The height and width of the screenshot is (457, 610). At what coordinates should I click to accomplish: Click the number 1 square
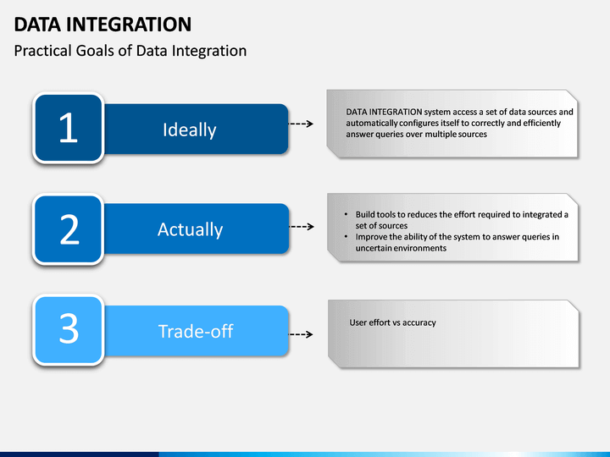pyautogui.click(x=69, y=128)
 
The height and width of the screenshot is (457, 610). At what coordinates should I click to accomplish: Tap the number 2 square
pyautogui.click(x=69, y=229)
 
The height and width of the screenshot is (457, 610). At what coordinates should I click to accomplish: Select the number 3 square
pyautogui.click(x=69, y=329)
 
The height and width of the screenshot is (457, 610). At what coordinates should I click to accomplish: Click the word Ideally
pyautogui.click(x=190, y=129)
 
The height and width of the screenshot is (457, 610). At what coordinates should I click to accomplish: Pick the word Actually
pyautogui.click(x=191, y=229)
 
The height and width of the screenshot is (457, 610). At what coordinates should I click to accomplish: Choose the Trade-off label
pyautogui.click(x=196, y=332)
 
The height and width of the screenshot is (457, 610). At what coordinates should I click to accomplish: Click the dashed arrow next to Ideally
pyautogui.click(x=301, y=124)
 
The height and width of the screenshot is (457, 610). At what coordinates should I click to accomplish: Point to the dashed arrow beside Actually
pyautogui.click(x=302, y=227)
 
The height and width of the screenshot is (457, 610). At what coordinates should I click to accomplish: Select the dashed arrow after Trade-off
pyautogui.click(x=301, y=334)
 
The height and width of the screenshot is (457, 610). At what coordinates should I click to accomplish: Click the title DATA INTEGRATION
pyautogui.click(x=103, y=25)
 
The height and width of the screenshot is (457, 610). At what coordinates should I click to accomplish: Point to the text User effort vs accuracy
pyautogui.click(x=392, y=322)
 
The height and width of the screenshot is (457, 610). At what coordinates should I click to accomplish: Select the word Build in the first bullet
pyautogui.click(x=364, y=214)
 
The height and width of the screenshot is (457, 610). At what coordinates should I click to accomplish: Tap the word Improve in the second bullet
pyautogui.click(x=371, y=237)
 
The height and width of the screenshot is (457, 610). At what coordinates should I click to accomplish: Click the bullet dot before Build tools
pyautogui.click(x=346, y=214)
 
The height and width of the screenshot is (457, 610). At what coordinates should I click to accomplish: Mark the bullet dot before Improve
pyautogui.click(x=346, y=236)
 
